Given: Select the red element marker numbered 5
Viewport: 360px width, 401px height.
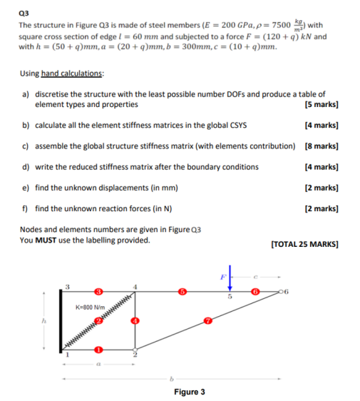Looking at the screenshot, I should (182, 292).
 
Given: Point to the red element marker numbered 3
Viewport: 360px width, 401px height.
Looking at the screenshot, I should (98, 292).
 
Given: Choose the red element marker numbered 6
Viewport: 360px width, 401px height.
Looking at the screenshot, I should (254, 292).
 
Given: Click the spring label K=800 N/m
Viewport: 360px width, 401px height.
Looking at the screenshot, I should (90, 308).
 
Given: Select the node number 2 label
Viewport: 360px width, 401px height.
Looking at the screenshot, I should (135, 356).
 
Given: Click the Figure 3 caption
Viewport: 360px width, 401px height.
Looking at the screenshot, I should (189, 392).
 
